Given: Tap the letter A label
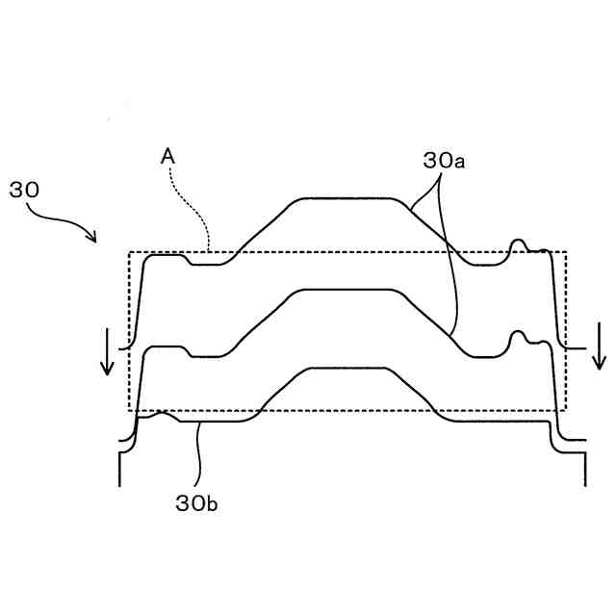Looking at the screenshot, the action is click(x=167, y=154).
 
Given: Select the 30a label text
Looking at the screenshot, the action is click(x=444, y=161).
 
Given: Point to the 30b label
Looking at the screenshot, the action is click(x=197, y=501).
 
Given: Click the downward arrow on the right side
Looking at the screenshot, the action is click(x=599, y=346).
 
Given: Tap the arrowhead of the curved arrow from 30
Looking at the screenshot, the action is click(x=92, y=238).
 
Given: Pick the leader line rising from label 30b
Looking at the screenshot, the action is click(x=198, y=452).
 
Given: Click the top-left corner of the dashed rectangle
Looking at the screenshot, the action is click(x=129, y=253).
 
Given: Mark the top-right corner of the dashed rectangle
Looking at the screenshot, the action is click(x=566, y=253).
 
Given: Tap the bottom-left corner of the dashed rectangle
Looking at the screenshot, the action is click(x=129, y=411).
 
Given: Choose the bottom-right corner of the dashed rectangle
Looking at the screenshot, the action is click(x=566, y=411).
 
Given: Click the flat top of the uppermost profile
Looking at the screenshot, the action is click(x=346, y=198).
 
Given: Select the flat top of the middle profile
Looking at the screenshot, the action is click(x=346, y=290).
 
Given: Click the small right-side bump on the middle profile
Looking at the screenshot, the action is click(x=520, y=332).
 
